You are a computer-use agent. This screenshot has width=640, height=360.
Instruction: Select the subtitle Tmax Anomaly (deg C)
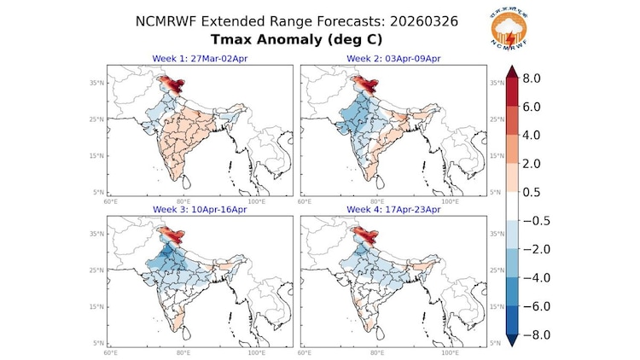(x=320, y=39)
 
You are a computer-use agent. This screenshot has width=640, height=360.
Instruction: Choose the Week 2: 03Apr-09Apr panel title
(x=393, y=57)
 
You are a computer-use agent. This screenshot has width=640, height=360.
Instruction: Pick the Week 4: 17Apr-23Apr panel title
(x=393, y=209)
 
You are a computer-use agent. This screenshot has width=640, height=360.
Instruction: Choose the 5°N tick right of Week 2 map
(x=497, y=193)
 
